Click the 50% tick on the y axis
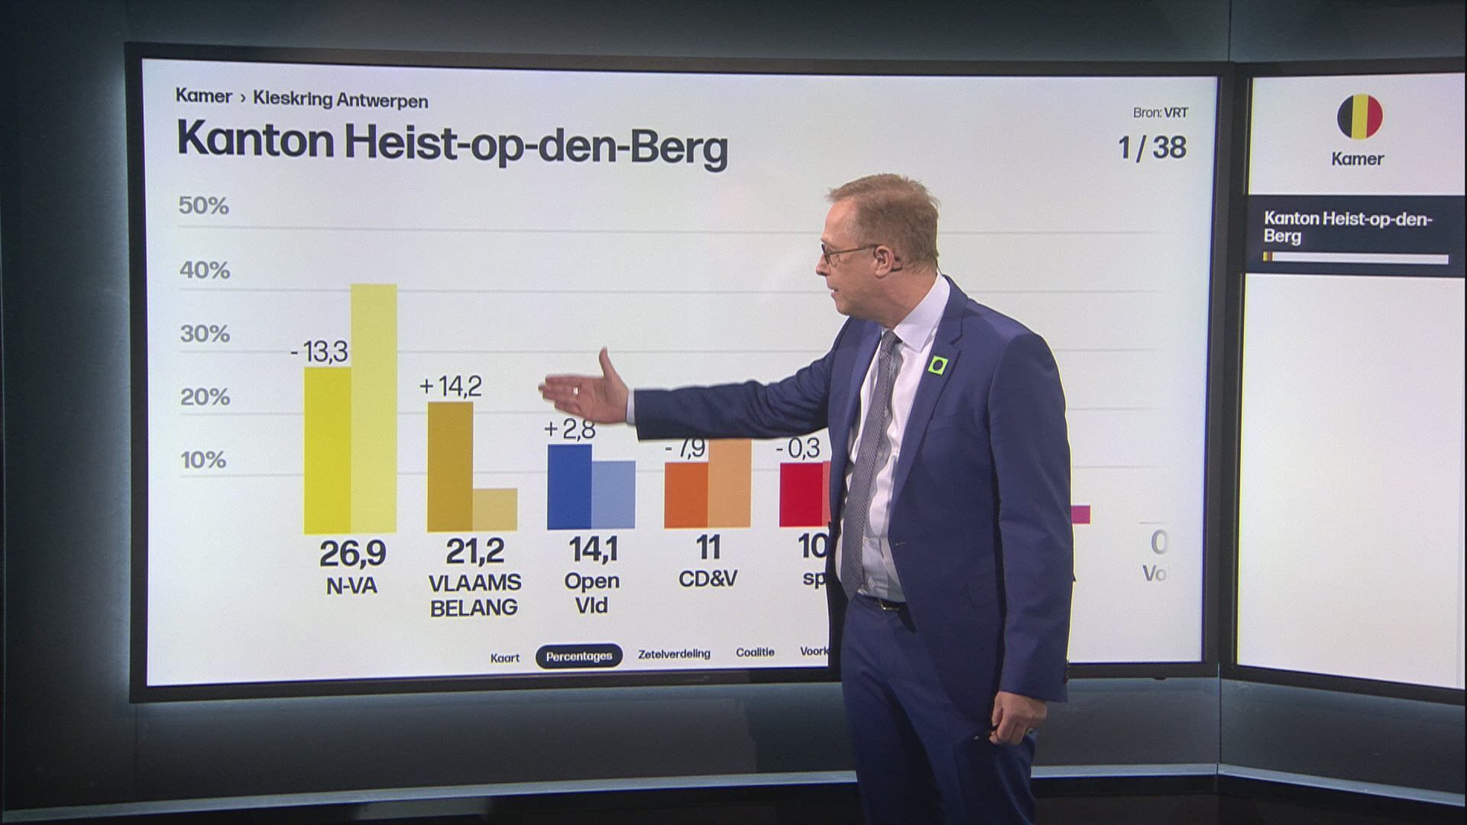(x=203, y=205)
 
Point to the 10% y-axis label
(x=203, y=460)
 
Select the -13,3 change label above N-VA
(x=319, y=351)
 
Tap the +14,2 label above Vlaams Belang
(x=451, y=386)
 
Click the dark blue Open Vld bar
(x=569, y=487)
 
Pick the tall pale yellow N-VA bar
(x=374, y=408)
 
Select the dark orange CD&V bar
(x=685, y=495)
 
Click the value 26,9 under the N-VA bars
(x=352, y=553)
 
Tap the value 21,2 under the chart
(x=474, y=551)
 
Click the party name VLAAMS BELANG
(x=474, y=595)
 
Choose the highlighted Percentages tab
(x=578, y=656)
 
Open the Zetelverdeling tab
(x=674, y=654)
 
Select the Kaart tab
(x=504, y=658)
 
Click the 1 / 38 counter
(x=1151, y=147)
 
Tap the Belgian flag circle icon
(x=1359, y=117)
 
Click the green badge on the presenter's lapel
(x=938, y=366)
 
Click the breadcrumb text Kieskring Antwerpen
(x=340, y=101)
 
